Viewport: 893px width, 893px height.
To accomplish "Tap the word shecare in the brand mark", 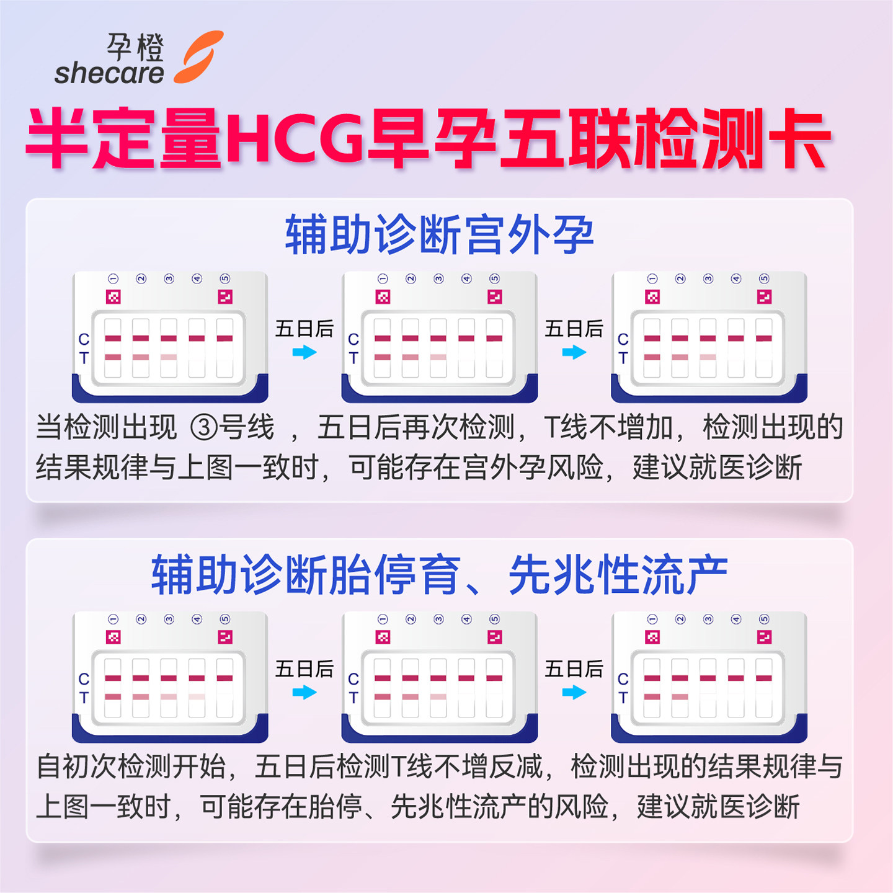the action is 109,73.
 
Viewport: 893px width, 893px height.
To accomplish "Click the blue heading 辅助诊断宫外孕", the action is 439,235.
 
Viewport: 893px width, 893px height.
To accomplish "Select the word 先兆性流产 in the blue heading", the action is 618,575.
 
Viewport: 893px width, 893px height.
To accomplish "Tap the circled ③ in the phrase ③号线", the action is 203,428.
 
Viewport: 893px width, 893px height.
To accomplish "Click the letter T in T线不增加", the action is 551,428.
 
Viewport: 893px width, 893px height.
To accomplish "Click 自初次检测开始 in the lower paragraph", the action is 131,767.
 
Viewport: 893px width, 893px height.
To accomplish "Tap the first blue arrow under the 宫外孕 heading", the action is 304,352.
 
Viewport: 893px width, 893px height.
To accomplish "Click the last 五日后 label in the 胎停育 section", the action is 574,669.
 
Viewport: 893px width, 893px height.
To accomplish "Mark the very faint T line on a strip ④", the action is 197,697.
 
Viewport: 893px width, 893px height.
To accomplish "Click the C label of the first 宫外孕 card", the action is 84,339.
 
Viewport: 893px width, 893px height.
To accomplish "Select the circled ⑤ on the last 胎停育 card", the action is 764,620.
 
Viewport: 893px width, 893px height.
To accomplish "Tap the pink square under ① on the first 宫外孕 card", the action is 113,297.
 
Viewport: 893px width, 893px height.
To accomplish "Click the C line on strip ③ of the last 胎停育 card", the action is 708,678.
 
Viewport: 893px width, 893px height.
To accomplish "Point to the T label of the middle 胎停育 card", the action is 353,698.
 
